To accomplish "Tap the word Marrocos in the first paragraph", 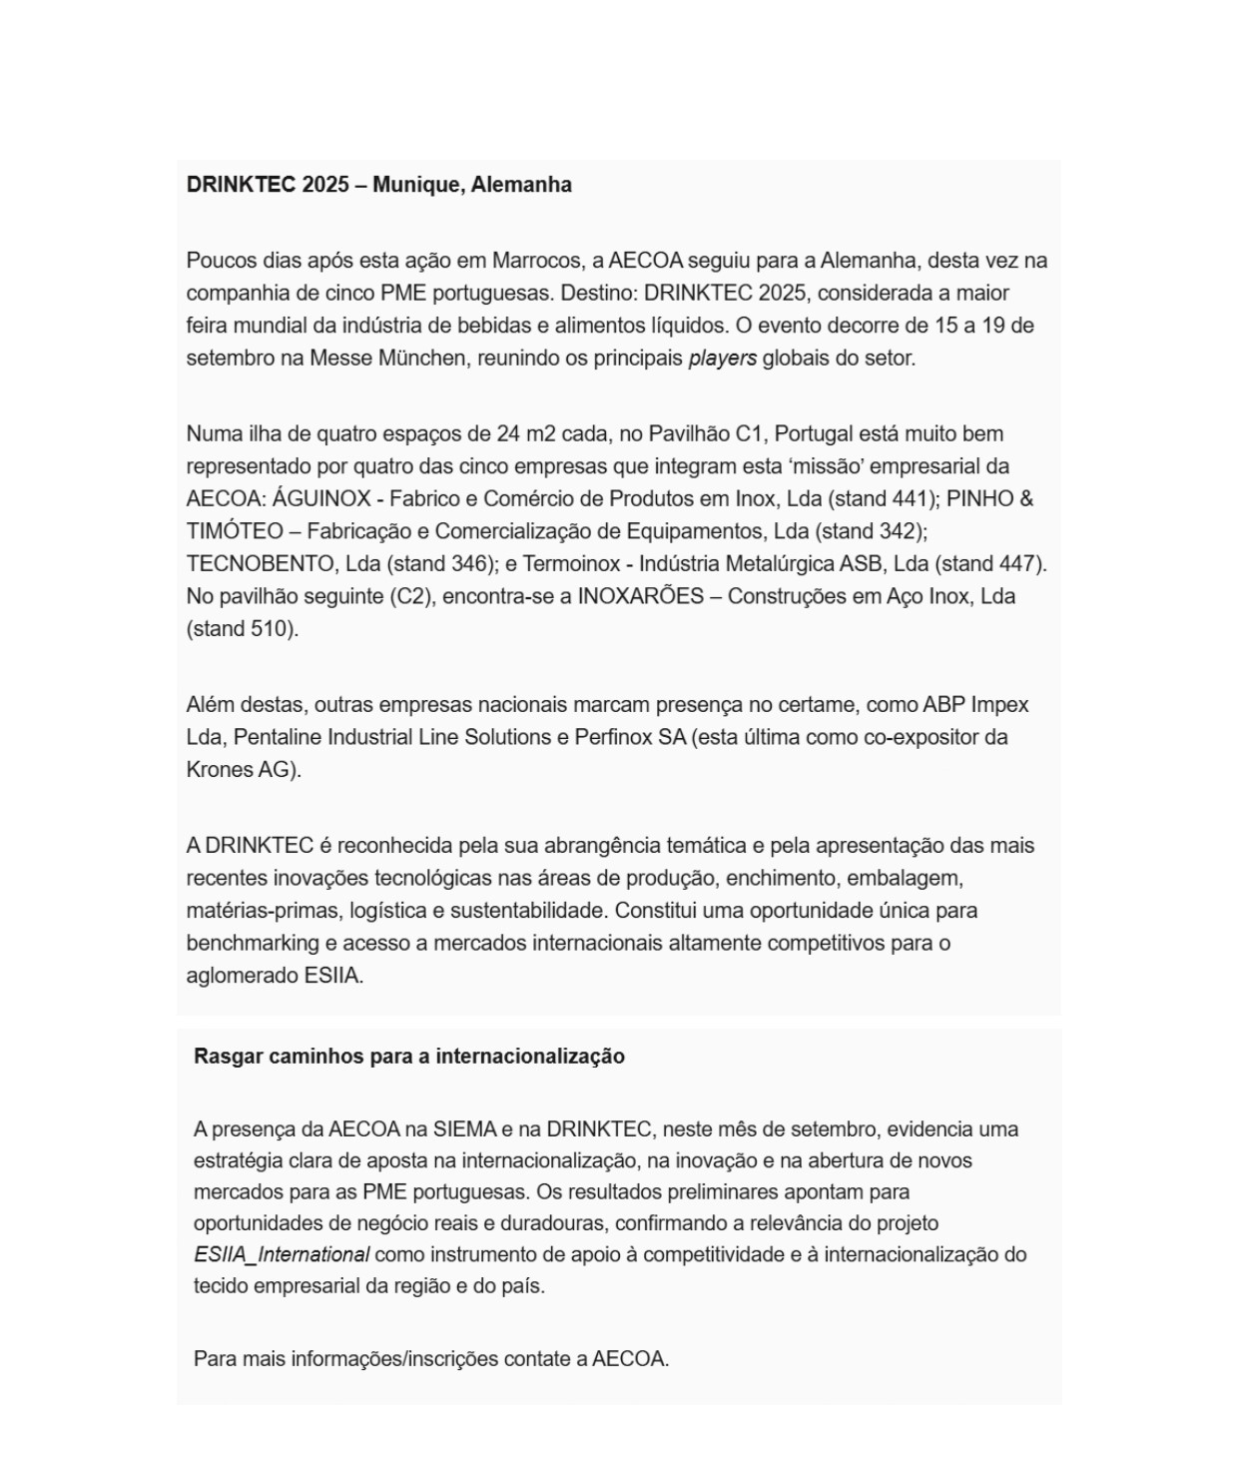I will [536, 261].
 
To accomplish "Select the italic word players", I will [722, 359].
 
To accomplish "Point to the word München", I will [421, 359].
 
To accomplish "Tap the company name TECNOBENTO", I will [259, 564].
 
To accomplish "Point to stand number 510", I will [270, 629].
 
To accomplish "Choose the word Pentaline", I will [276, 738].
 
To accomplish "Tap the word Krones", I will [220, 770].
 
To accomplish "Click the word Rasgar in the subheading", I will [227, 1057].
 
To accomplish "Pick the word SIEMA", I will [464, 1129].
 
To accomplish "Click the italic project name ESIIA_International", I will [282, 1255].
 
